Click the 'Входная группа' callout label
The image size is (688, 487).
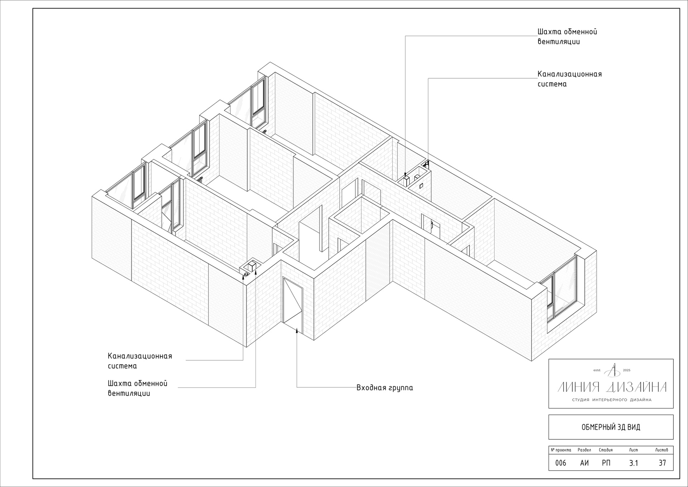point(384,388)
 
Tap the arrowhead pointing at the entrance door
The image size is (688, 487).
point(297,330)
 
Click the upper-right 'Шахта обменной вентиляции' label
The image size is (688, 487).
point(567,37)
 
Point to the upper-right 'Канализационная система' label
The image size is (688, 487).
point(569,79)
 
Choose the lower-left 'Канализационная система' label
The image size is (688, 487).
point(140,361)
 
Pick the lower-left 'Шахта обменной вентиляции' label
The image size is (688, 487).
point(138,388)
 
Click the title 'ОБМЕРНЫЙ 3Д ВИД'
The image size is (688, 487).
point(611,427)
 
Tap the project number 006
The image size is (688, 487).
point(561,463)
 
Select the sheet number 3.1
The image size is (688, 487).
point(634,463)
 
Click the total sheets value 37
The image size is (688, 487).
point(662,463)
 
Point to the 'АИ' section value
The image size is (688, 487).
point(584,463)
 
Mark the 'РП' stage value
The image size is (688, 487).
point(606,463)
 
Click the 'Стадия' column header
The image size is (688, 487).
point(606,450)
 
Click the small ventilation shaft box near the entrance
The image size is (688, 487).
point(252,266)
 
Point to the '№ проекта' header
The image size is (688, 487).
point(561,450)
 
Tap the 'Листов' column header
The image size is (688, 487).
point(661,450)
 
